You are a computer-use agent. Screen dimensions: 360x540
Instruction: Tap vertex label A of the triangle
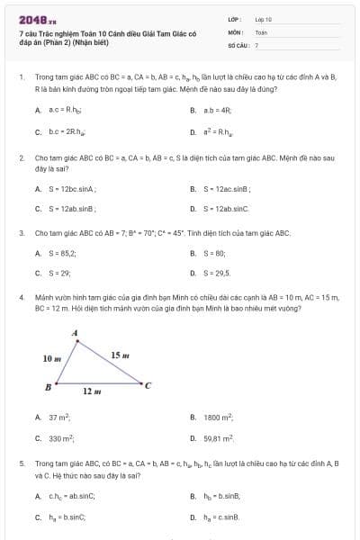(x=75, y=334)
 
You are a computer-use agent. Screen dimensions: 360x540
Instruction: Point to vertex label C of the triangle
(x=148, y=386)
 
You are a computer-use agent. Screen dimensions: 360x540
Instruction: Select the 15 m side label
(x=120, y=355)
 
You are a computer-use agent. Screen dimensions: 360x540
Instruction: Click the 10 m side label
(x=51, y=358)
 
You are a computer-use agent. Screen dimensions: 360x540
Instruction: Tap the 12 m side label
(x=90, y=392)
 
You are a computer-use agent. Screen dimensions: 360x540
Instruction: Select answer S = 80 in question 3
(x=212, y=254)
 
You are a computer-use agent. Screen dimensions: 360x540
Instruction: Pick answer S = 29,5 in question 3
(x=216, y=272)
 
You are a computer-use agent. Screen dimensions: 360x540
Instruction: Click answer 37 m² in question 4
(x=59, y=418)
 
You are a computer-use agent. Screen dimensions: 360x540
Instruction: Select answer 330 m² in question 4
(x=61, y=438)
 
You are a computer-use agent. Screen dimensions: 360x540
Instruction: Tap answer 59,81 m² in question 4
(x=219, y=438)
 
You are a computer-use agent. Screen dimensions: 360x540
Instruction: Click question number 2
(x=21, y=157)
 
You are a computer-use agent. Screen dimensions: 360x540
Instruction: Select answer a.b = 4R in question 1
(x=217, y=110)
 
